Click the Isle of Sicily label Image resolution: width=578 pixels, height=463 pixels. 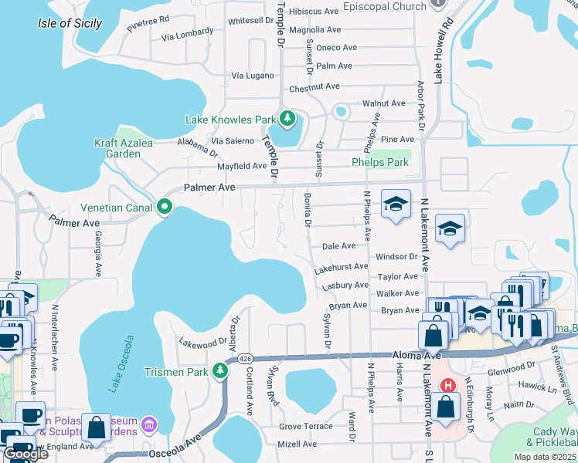pyautogui.click(x=70, y=23)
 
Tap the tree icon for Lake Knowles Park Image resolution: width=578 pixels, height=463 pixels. pyautogui.click(x=287, y=119)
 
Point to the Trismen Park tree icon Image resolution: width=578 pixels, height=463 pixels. pyautogui.click(x=220, y=371)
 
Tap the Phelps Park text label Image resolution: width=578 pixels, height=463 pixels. pyautogui.click(x=379, y=162)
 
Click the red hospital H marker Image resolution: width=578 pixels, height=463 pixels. pyautogui.click(x=447, y=385)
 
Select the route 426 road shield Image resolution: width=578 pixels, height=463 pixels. pyautogui.click(x=245, y=359)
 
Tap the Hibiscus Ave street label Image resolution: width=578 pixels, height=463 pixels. pyautogui.click(x=314, y=12)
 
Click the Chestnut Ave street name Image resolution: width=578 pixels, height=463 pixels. pyautogui.click(x=314, y=86)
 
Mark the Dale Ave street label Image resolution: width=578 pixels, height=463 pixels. pyautogui.click(x=338, y=245)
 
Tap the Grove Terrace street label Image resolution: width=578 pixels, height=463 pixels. pyautogui.click(x=305, y=426)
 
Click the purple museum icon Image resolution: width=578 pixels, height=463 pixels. pyautogui.click(x=148, y=424)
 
